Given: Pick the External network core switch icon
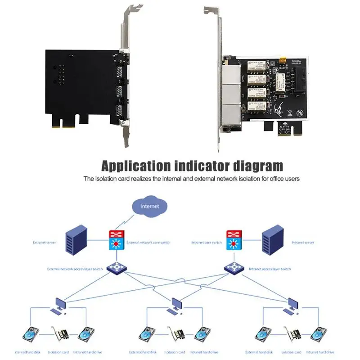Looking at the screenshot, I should [x=116, y=241].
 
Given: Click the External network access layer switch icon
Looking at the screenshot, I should [x=116, y=268].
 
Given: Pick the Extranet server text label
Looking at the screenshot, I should [x=45, y=242].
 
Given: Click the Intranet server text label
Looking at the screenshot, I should [x=302, y=242].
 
